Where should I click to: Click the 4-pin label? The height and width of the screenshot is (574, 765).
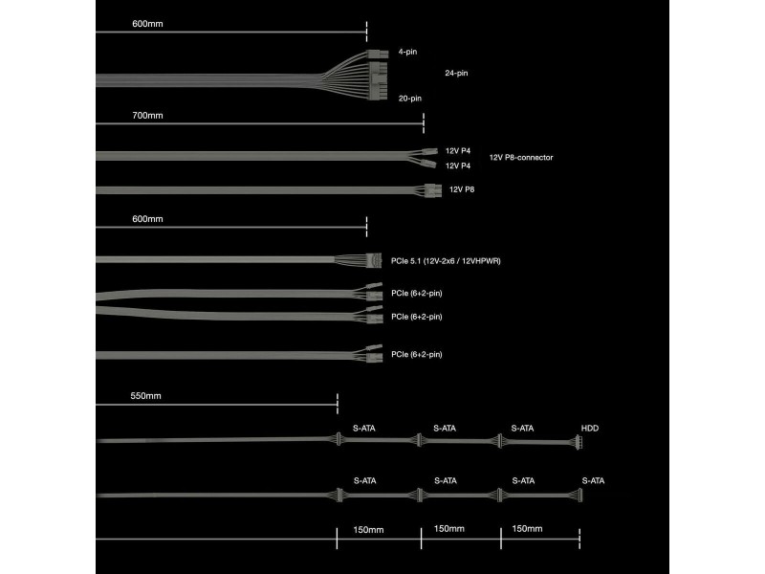coord(407,52)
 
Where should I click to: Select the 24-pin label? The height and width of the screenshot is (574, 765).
coord(456,74)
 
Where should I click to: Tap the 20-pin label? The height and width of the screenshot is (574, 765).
coord(410,99)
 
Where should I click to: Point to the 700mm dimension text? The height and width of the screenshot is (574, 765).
coord(147,116)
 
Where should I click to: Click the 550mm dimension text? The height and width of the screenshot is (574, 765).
coord(145,396)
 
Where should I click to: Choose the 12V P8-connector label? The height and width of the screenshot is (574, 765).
coord(521,158)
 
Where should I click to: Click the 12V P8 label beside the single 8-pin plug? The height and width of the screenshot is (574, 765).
coord(462,189)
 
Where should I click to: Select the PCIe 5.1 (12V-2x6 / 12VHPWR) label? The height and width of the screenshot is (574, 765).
coord(446,261)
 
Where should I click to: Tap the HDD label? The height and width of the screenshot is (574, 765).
coord(589,428)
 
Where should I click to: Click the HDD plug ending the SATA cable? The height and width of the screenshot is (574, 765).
coord(579,442)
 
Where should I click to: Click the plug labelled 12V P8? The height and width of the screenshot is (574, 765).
coord(433,190)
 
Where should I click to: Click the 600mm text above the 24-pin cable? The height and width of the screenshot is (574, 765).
coord(147,24)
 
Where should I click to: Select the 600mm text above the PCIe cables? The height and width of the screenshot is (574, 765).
coord(147,219)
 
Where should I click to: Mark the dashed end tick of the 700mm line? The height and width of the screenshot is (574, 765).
coord(424,123)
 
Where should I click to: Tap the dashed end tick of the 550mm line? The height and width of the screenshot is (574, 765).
coord(338,404)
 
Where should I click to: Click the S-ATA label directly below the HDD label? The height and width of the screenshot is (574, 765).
coord(593,481)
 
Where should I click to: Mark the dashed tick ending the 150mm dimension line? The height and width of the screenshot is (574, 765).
coord(579,539)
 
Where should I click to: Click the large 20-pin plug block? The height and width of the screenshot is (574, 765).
coord(379,80)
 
